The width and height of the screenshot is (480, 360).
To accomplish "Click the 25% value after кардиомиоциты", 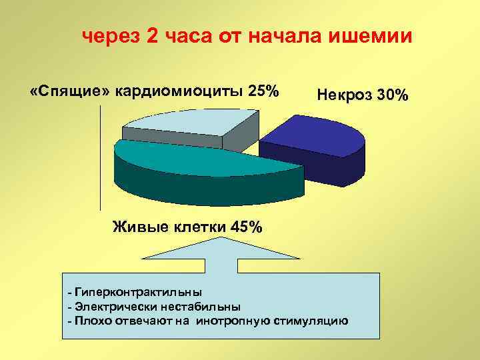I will (263, 90).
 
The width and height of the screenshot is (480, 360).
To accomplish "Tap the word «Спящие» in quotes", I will (69, 90).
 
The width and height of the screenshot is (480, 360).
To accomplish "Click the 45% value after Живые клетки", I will (245, 226).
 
